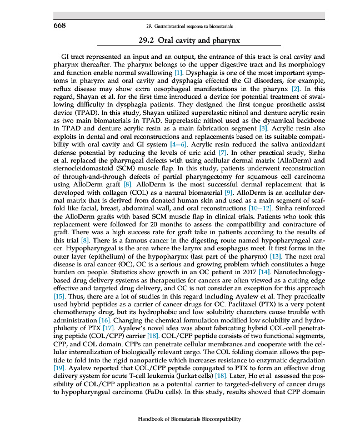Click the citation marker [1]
coord(178,73)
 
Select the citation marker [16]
coord(104,321)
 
